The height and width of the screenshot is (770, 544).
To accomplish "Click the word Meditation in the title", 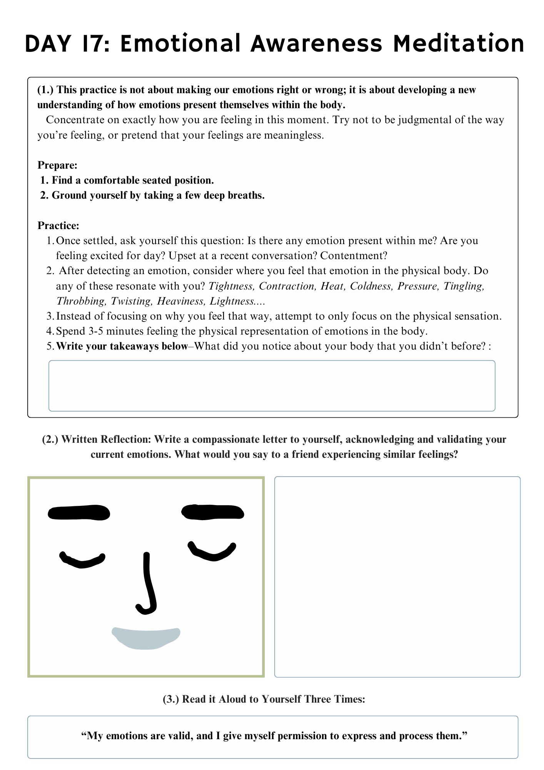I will tap(459, 44).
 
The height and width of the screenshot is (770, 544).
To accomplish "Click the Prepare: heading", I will tap(57, 165).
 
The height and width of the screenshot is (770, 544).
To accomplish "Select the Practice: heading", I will tap(58, 226).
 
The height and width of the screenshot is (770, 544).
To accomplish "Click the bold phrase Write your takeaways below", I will tap(122, 346).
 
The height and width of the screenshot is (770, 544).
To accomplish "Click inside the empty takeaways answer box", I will tap(272, 386).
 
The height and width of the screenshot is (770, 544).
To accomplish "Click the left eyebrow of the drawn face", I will tap(79, 513).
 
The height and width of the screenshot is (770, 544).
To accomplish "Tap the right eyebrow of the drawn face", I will tap(212, 512).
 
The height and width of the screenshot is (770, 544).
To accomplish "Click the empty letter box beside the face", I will tap(397, 576).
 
